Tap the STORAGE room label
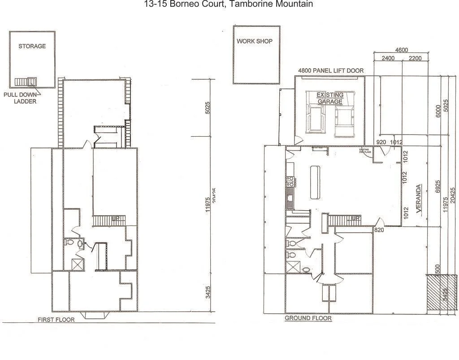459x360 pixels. click(x=32, y=46)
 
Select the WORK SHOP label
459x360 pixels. click(x=255, y=41)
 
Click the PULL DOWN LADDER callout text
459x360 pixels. click(x=20, y=98)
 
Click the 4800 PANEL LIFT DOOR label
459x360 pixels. click(x=331, y=71)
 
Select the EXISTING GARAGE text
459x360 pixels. click(x=330, y=98)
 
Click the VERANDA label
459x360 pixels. click(x=419, y=198)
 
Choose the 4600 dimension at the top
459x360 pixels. click(x=401, y=50)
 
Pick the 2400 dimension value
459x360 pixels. click(x=388, y=58)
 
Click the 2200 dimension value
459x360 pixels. click(x=415, y=58)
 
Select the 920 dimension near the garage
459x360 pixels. click(x=381, y=143)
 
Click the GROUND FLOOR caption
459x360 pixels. click(x=308, y=318)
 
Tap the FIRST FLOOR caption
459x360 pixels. click(x=56, y=320)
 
